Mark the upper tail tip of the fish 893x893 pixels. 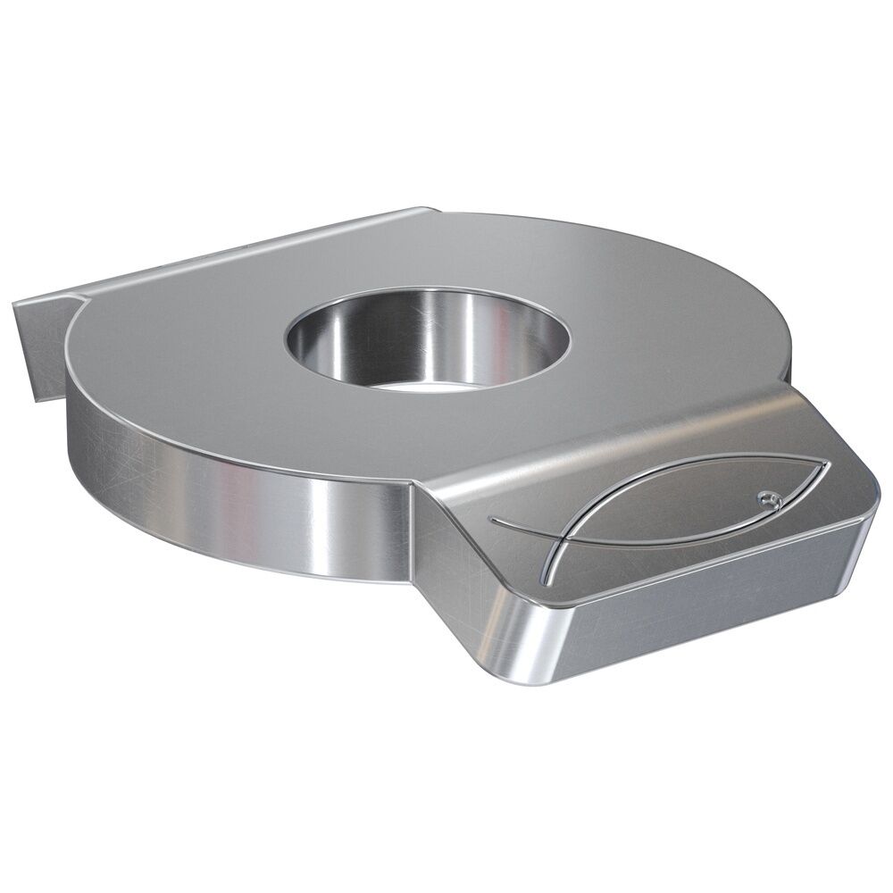492,517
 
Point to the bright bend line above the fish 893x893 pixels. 625,438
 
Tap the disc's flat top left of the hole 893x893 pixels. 179,357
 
